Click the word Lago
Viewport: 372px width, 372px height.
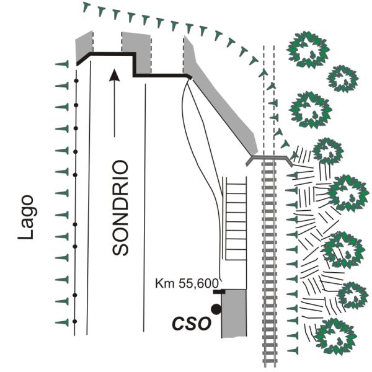[25, 218]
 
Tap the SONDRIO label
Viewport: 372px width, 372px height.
[120, 208]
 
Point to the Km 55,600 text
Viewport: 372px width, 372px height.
[187, 283]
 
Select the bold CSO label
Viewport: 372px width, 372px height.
[191, 323]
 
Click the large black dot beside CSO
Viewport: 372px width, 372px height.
[216, 309]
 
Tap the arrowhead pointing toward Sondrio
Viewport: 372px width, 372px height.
[114, 75]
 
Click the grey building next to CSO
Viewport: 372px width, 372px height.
[234, 313]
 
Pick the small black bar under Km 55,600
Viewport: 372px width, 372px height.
[219, 292]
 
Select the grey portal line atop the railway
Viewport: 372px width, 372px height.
[269, 157]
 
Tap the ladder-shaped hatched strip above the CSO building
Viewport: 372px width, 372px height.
[236, 218]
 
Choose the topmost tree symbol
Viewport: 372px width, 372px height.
[308, 50]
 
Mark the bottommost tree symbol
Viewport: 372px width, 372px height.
[336, 337]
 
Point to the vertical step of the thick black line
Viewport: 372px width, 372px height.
[134, 65]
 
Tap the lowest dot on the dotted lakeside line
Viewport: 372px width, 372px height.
[75, 321]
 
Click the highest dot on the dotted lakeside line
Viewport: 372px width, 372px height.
[76, 81]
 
